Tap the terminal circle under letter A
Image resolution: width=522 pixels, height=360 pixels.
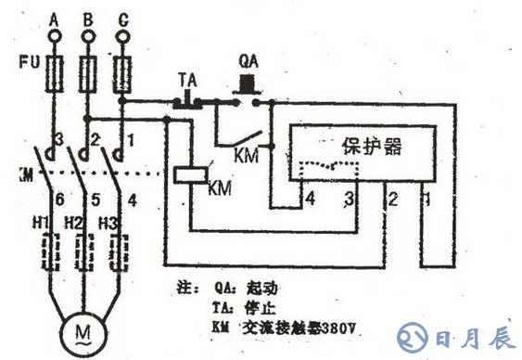54,35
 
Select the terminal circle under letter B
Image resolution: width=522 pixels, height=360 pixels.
87,35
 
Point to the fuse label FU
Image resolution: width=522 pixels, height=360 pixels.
26,67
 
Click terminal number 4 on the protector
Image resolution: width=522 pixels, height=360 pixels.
312,199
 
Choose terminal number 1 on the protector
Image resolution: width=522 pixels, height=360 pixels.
427,199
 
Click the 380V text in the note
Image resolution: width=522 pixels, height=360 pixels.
340,327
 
